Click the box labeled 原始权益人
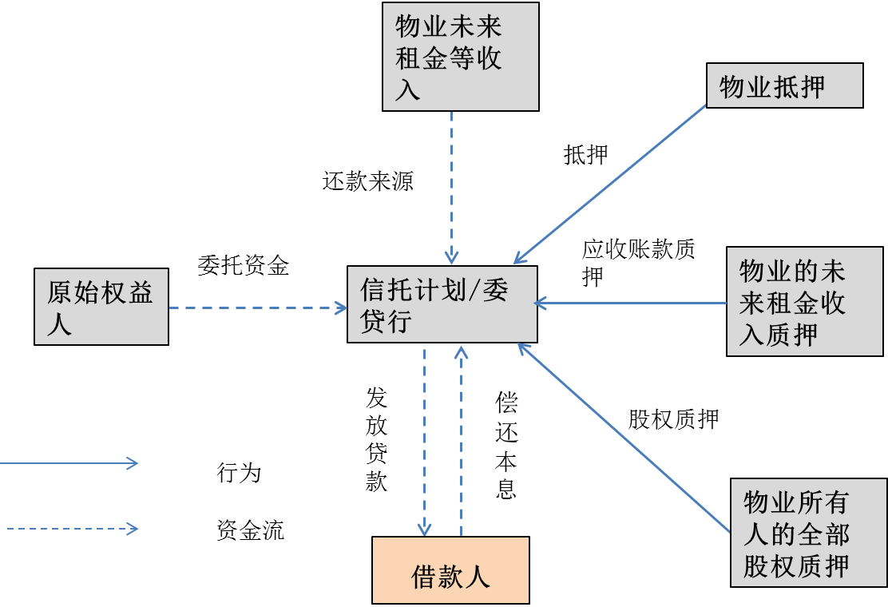click(x=101, y=307)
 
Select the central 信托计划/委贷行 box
click(x=442, y=303)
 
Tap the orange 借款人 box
click(x=450, y=570)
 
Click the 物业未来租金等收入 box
click(x=460, y=56)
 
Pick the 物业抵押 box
click(x=784, y=85)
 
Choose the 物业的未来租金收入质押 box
click(x=806, y=303)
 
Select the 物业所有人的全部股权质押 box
click(x=808, y=532)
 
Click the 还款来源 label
click(x=368, y=182)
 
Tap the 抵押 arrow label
click(x=586, y=155)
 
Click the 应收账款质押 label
click(x=636, y=262)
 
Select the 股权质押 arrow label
click(x=673, y=419)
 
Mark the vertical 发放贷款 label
click(x=376, y=439)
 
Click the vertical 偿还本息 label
click(x=506, y=445)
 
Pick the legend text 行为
click(x=239, y=473)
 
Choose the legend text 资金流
click(x=250, y=530)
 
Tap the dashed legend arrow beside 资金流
click(x=72, y=529)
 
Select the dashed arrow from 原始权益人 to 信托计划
click(x=256, y=307)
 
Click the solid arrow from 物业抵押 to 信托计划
click(x=611, y=185)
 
